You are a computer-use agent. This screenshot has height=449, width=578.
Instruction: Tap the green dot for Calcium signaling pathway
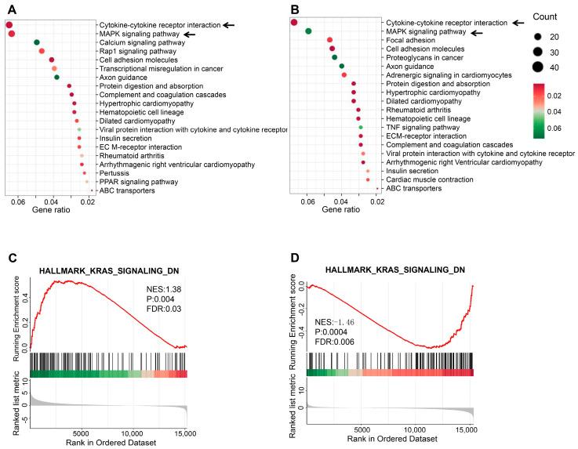[x=37, y=42]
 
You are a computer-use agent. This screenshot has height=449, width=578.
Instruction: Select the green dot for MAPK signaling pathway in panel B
[x=308, y=31]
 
